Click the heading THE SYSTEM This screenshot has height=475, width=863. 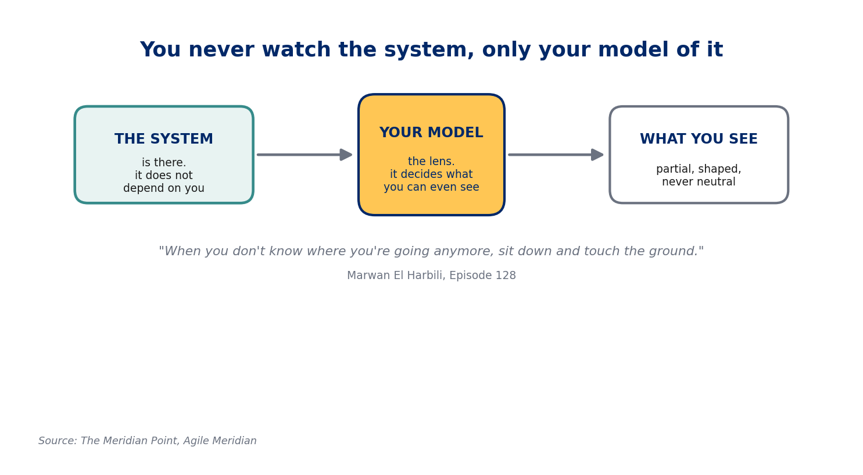pos(164,139)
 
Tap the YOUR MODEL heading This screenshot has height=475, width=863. pos(431,132)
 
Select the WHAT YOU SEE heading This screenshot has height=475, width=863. pos(699,139)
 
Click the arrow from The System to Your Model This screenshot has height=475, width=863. pos(305,155)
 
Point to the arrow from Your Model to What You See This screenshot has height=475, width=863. pos(556,155)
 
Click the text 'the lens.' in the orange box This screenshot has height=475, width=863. pos(431,161)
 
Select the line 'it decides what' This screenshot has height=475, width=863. pos(431,174)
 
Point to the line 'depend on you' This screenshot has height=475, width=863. pos(164,188)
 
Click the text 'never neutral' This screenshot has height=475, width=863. pos(699,181)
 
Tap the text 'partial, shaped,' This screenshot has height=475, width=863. pos(699,169)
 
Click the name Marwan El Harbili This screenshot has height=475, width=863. pos(396,275)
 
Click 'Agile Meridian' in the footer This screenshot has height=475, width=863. pos(220,441)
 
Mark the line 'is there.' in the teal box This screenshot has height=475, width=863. pos(164,162)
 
